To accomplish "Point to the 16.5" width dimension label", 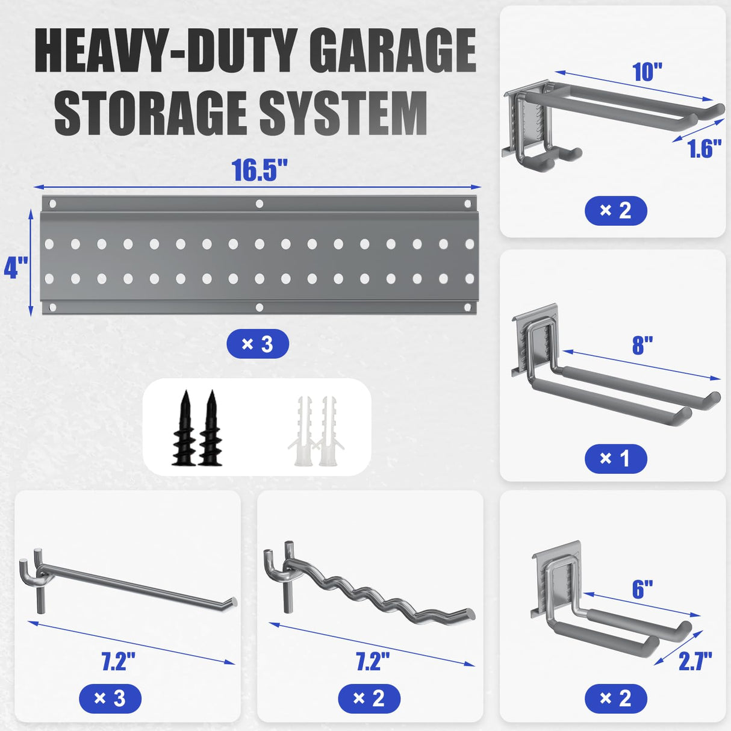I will [x=260, y=170].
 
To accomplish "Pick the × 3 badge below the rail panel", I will [x=258, y=344].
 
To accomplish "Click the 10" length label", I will [x=647, y=72].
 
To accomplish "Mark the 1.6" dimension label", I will [x=704, y=149].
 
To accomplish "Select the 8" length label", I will [x=642, y=346].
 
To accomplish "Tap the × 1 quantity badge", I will [x=615, y=459].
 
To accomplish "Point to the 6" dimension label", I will [x=642, y=589].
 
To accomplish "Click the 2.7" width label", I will [x=695, y=661].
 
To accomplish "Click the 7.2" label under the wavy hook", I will [x=372, y=661].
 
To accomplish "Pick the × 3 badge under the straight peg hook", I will [x=110, y=698].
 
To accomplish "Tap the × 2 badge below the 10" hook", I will [x=615, y=211].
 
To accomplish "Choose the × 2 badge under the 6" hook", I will [x=615, y=698].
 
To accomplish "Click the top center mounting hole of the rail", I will [x=260, y=204].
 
